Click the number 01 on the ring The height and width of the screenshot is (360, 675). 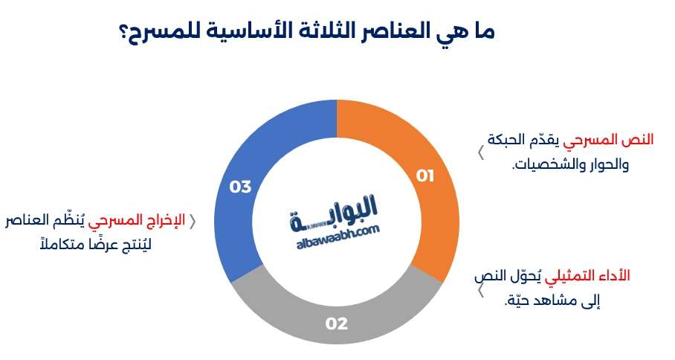tap(424, 176)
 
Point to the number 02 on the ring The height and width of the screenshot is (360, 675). tap(337, 324)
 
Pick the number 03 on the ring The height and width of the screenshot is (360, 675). tap(240, 187)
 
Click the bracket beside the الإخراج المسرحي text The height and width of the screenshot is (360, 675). tap(193, 221)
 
